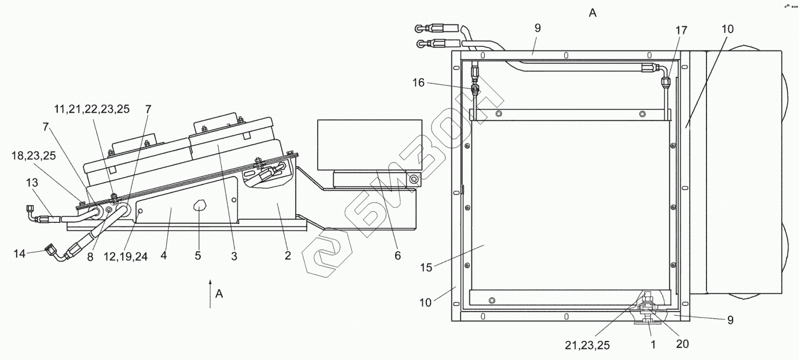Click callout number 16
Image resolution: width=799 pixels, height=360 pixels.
click(418, 83)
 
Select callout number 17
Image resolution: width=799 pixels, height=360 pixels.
click(681, 31)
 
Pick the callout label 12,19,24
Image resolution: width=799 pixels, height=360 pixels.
click(126, 256)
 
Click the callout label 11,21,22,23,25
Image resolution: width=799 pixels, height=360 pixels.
click(93, 108)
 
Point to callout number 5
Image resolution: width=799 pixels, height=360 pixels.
click(198, 256)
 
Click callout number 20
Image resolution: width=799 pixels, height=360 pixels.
click(682, 344)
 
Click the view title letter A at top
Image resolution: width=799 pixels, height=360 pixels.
click(592, 13)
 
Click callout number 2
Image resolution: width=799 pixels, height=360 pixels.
click(288, 256)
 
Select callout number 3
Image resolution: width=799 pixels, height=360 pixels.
click(234, 256)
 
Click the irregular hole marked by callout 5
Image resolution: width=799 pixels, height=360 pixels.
click(198, 205)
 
